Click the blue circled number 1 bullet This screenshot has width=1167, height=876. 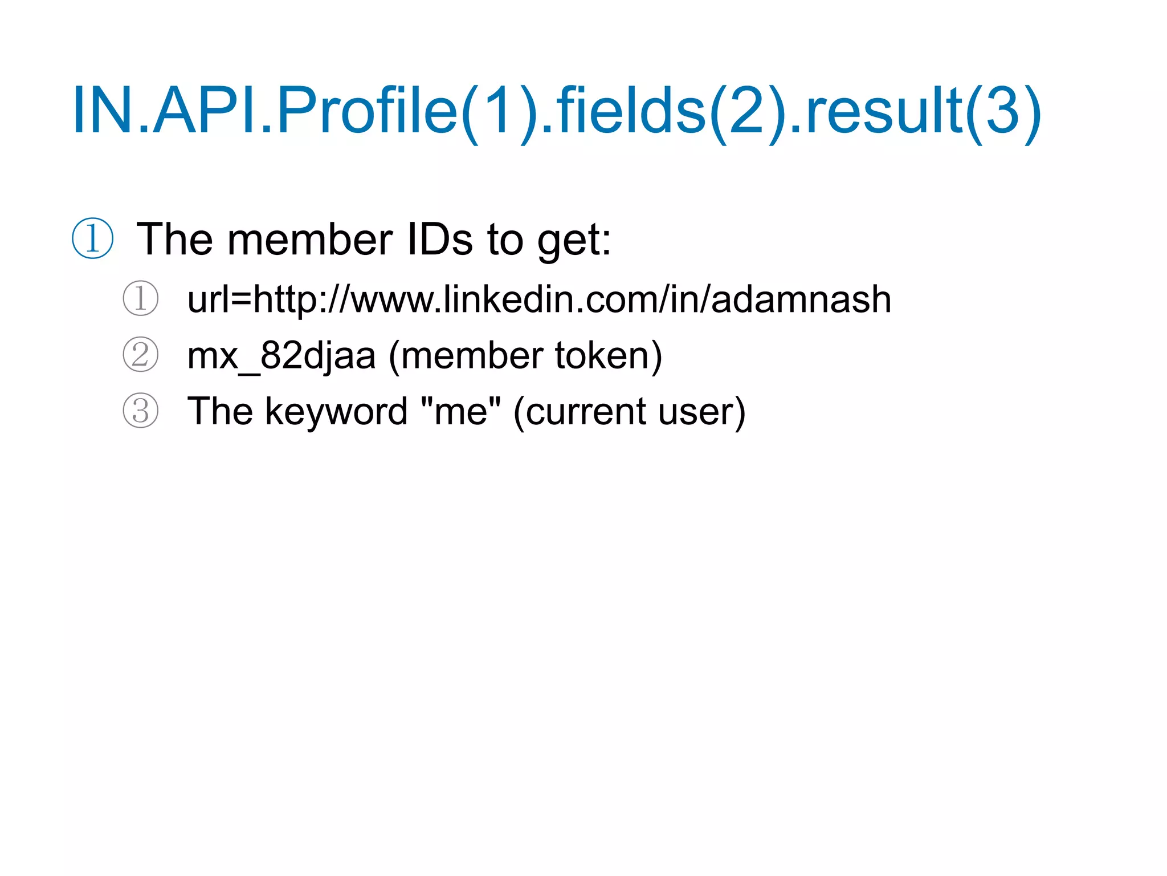pos(92,238)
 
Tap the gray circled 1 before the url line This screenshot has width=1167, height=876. pos(140,298)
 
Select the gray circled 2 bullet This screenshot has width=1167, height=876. pos(140,355)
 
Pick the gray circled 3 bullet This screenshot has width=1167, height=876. pos(140,411)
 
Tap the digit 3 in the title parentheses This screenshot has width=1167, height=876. pos(1002,111)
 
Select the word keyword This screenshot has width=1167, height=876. pos(336,412)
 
